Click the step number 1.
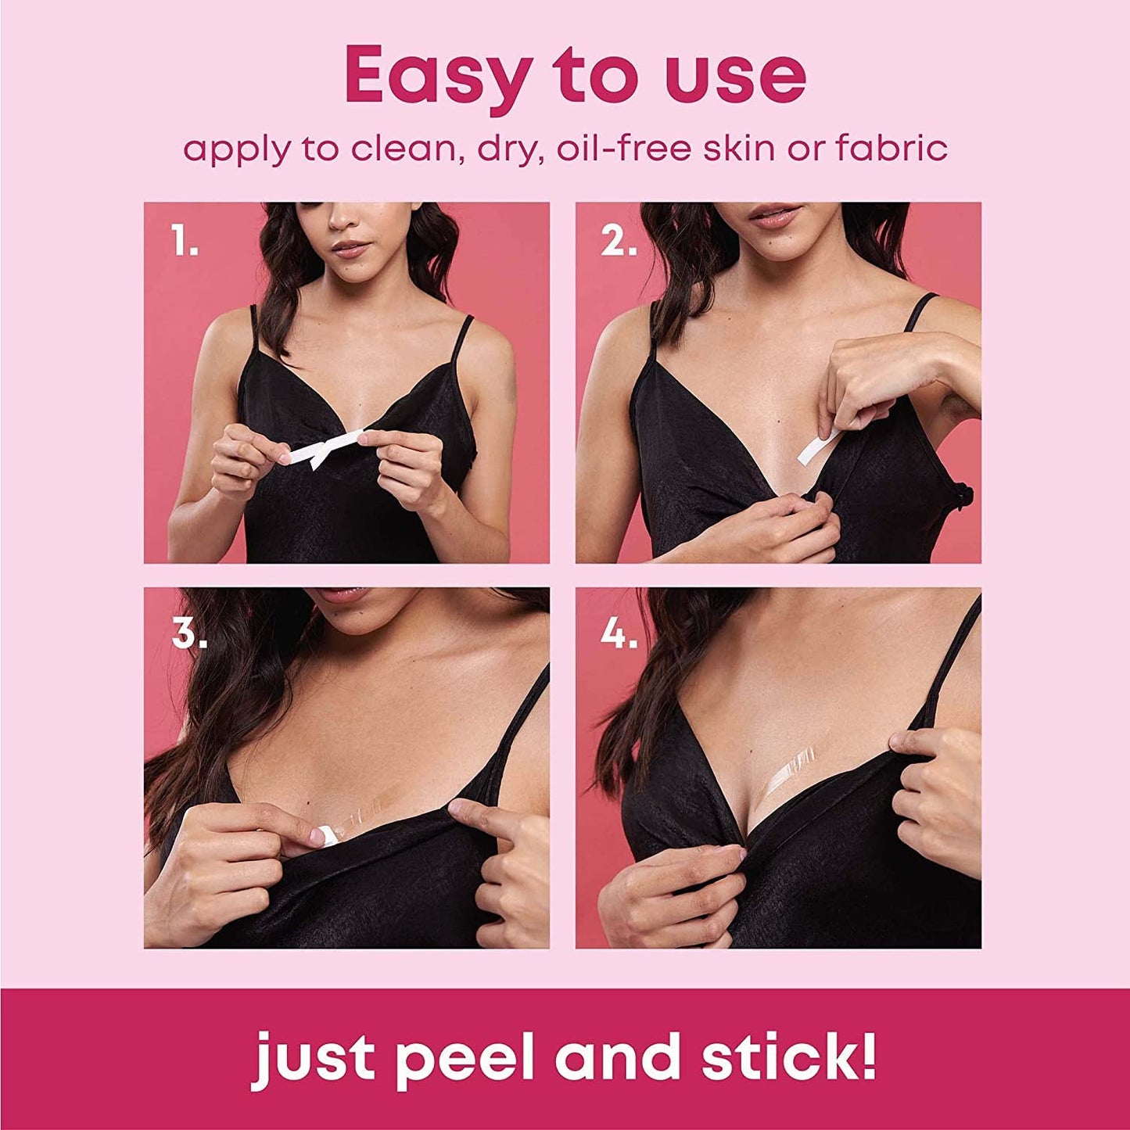coord(185,243)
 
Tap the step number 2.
coord(619,243)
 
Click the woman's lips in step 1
coord(352,249)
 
